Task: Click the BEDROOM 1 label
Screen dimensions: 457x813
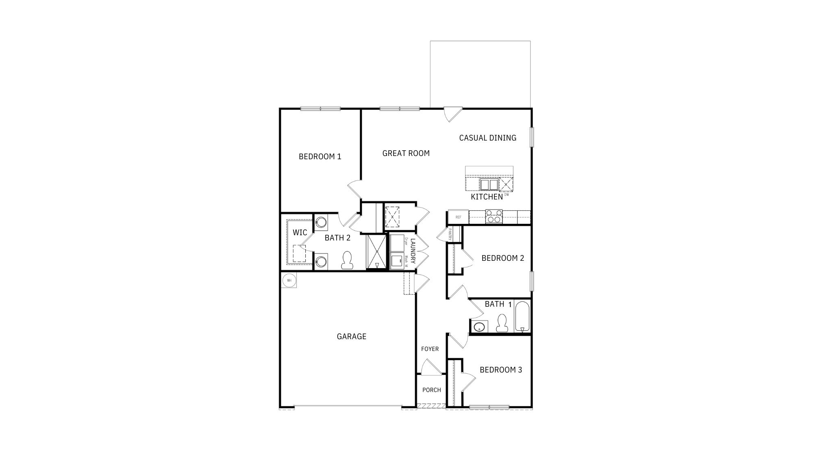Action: (x=320, y=156)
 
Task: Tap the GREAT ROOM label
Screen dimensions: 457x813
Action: (x=406, y=153)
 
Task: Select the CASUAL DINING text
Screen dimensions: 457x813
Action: (x=487, y=138)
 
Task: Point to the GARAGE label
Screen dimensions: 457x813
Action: (x=352, y=336)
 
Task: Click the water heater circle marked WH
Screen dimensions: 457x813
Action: (x=289, y=280)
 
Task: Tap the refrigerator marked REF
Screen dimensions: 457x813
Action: (x=458, y=217)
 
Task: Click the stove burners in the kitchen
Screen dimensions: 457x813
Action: (x=494, y=216)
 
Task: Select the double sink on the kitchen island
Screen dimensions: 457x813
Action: (x=489, y=184)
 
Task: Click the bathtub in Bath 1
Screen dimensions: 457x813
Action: (x=522, y=316)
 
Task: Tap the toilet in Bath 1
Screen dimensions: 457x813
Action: (x=502, y=323)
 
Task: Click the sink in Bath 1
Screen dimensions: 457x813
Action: (x=480, y=326)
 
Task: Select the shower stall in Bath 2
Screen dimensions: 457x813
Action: (x=376, y=252)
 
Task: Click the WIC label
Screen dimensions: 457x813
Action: (x=300, y=232)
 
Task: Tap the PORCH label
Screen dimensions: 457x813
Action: (x=431, y=390)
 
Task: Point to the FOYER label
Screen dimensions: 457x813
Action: (x=430, y=349)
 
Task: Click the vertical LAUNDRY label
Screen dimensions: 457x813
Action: (x=413, y=251)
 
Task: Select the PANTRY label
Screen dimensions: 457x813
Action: (x=450, y=234)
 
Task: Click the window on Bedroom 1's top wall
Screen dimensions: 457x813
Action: (x=320, y=108)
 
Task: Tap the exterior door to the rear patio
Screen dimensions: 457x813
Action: (x=452, y=113)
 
